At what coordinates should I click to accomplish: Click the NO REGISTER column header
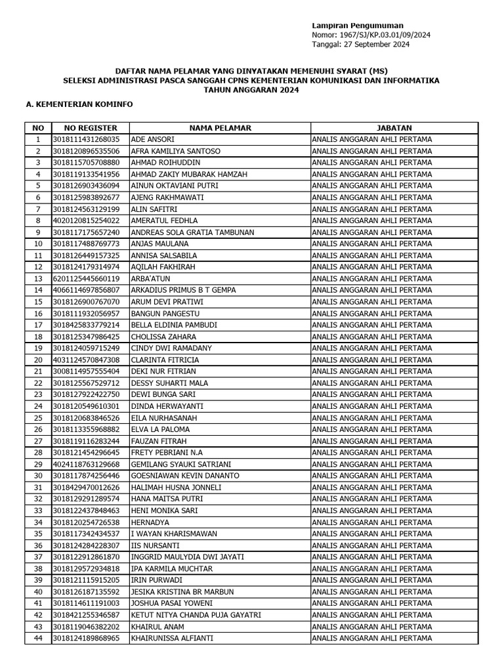point(90,128)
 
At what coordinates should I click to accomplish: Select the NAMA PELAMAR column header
point(220,128)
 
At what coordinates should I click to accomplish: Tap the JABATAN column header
point(394,128)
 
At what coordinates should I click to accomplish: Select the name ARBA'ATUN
point(150,279)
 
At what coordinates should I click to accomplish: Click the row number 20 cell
point(38,360)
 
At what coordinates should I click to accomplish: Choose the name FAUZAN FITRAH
point(157,442)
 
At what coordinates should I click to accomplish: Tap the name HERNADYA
point(150,522)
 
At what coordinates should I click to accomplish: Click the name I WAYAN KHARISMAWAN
point(172,534)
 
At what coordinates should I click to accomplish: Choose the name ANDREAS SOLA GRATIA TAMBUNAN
point(190,232)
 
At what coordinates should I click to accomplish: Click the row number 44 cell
point(38,638)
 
